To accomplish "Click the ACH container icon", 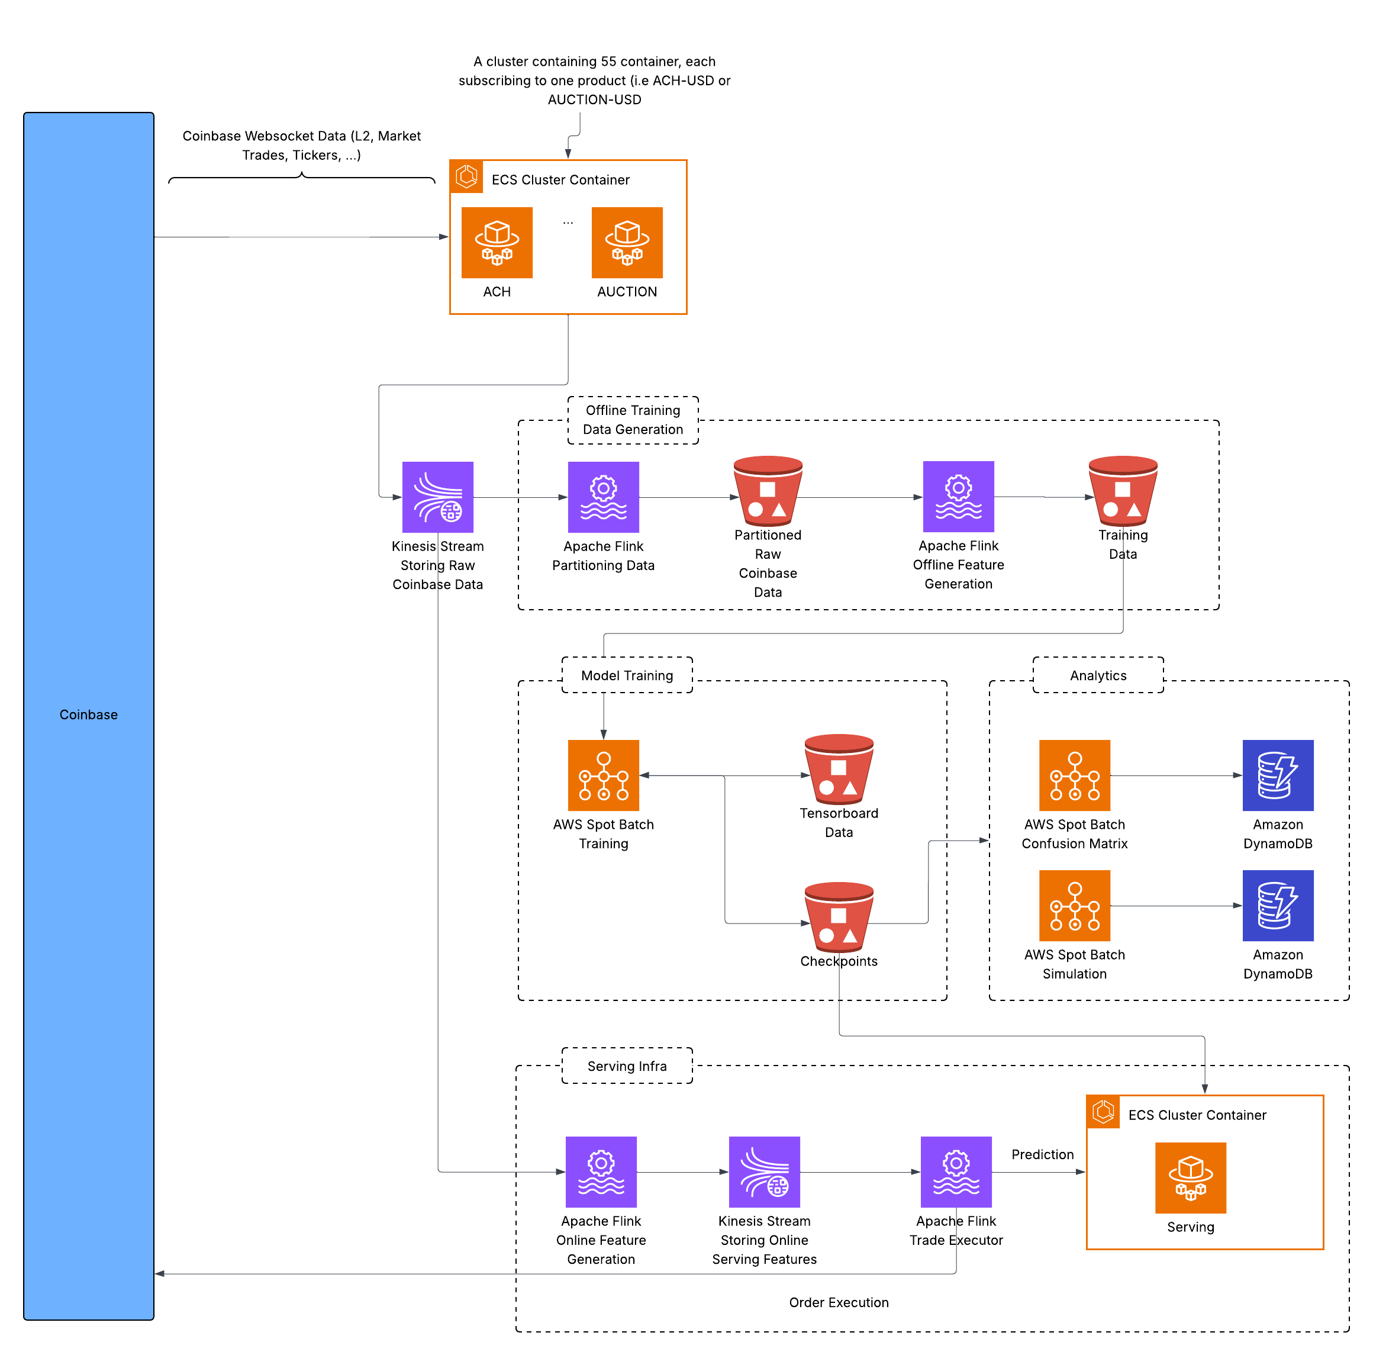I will click(497, 243).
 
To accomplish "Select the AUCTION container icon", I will click(627, 243).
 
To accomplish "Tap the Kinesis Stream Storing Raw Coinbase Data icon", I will click(438, 497).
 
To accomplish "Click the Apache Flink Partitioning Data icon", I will click(604, 497).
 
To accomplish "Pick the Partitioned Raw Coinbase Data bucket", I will click(768, 491).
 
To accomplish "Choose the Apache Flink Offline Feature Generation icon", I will click(958, 496).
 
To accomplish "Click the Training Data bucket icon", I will click(1123, 491).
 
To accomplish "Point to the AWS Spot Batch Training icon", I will click(604, 775).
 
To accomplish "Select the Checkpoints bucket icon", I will click(839, 917).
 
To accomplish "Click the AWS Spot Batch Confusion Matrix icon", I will click(1075, 775).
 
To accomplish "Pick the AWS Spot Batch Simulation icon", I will click(1075, 905).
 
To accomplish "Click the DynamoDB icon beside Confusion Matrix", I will click(1278, 775).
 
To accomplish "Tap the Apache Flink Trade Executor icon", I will click(956, 1171).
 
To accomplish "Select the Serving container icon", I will click(1190, 1177).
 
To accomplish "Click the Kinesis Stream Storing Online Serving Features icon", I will click(764, 1171).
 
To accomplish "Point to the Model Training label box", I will click(627, 675).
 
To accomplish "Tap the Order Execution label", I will click(839, 1302).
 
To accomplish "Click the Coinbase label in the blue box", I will click(89, 714).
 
